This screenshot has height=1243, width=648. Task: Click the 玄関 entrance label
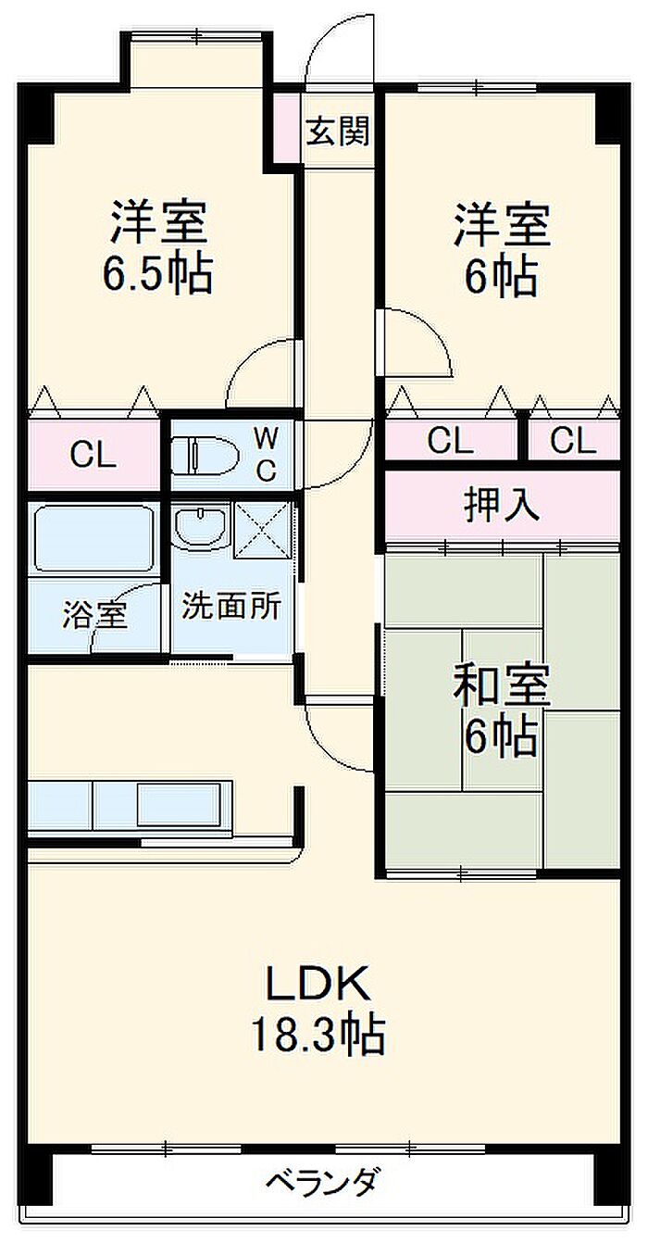(338, 132)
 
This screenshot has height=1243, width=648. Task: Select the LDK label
(318, 985)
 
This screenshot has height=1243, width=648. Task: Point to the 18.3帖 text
(318, 1035)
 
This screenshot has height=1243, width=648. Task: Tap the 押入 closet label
(501, 506)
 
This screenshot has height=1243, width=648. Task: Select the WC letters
(266, 454)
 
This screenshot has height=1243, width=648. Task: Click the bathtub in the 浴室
(93, 539)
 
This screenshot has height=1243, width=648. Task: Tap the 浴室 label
(94, 614)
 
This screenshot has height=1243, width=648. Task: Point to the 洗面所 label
(231, 607)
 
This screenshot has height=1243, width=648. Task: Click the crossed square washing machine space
(264, 530)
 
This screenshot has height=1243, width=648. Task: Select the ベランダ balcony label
(322, 1182)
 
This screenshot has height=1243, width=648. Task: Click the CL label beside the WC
(93, 455)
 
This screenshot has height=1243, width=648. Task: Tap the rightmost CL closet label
(574, 442)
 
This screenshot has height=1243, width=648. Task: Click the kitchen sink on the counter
(181, 805)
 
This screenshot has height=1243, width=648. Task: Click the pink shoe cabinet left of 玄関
(289, 128)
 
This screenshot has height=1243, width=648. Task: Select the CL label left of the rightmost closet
(451, 442)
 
